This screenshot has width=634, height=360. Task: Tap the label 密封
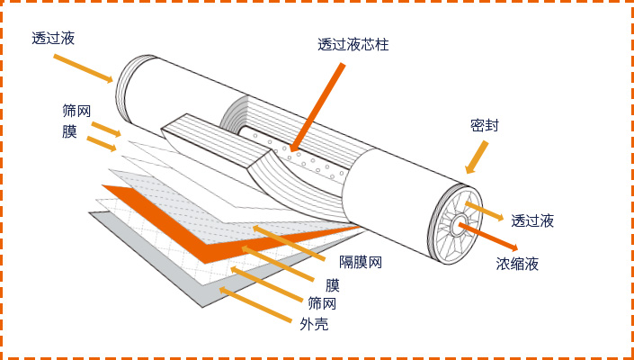(484, 126)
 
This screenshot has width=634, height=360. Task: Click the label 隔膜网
(361, 263)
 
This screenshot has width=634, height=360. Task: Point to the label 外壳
(314, 323)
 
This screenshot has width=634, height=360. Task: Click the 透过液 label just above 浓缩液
(532, 220)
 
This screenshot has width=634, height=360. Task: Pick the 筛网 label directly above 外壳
(322, 303)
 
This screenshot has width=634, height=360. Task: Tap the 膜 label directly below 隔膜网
(333, 285)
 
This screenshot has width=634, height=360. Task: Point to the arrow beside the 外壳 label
(255, 305)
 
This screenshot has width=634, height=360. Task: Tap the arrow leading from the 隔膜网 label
(289, 244)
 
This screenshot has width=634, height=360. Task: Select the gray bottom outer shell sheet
(153, 261)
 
